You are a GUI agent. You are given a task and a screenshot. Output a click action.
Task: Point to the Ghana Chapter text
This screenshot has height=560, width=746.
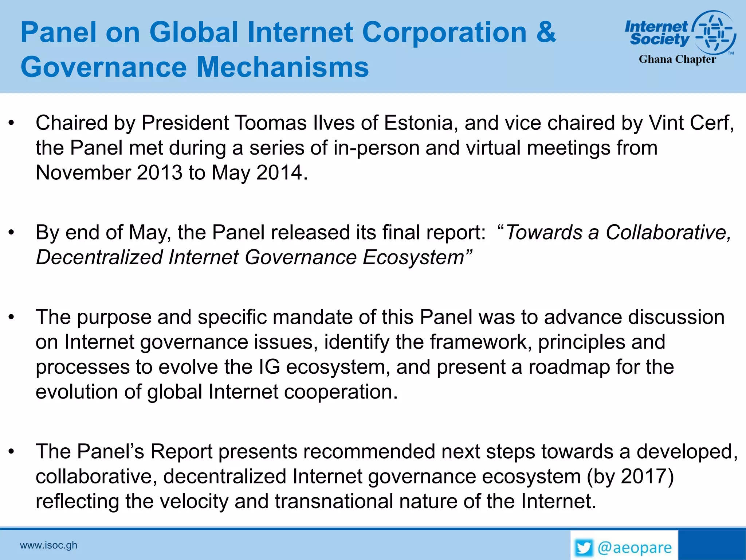677,59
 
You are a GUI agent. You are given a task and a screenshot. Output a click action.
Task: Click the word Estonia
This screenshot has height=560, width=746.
418,123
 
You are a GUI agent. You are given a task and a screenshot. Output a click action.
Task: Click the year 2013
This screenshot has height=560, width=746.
159,172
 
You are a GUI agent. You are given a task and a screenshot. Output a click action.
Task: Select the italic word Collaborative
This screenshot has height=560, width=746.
668,232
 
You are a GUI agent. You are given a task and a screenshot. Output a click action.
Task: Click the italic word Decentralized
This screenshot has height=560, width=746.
99,257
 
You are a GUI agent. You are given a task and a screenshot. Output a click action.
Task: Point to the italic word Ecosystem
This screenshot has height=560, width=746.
414,257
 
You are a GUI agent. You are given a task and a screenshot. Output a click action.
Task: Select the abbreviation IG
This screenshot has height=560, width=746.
269,367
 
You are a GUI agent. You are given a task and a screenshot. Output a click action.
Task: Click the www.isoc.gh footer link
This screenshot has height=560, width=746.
48,545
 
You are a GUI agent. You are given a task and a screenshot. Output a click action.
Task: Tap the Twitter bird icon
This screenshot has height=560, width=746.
584,548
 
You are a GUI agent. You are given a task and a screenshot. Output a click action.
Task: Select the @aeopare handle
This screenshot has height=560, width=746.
635,548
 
